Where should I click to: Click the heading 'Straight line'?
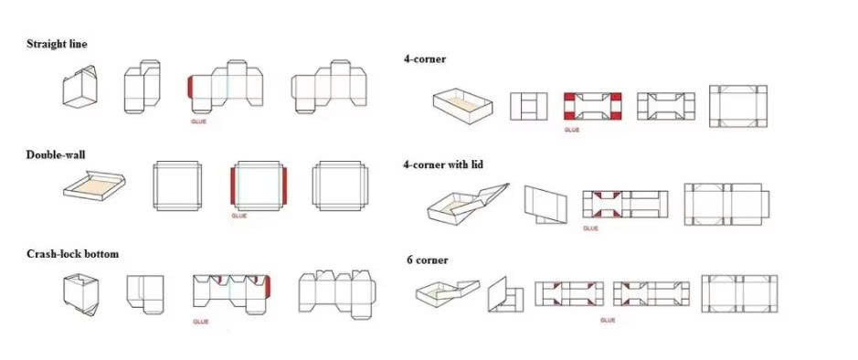click(x=57, y=45)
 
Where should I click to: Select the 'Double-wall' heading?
click(x=56, y=154)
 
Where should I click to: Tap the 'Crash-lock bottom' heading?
click(x=72, y=254)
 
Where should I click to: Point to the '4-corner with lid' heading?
click(x=443, y=164)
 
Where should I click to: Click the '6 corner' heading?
click(x=428, y=259)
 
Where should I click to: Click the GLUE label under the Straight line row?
click(x=198, y=122)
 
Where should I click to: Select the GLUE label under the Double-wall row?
click(x=239, y=216)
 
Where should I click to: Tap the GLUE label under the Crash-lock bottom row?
click(x=201, y=322)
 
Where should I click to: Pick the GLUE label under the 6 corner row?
click(x=608, y=320)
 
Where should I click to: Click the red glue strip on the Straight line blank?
click(x=190, y=87)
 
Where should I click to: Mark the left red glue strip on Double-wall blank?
click(x=233, y=186)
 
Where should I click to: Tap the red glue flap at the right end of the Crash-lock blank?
click(x=268, y=286)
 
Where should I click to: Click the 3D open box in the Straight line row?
click(x=79, y=88)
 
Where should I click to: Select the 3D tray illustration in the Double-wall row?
click(x=94, y=186)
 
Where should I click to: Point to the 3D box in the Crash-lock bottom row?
click(x=79, y=296)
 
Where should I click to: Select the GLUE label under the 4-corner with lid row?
click(x=590, y=228)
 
